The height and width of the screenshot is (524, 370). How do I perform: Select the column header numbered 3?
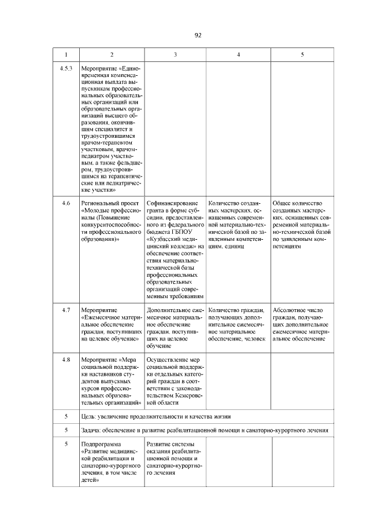pyautogui.click(x=175, y=54)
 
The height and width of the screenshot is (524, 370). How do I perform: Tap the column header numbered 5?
pyautogui.click(x=302, y=54)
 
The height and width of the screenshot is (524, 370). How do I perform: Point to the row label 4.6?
pyautogui.click(x=66, y=204)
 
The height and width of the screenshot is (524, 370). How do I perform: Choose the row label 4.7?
pyautogui.click(x=66, y=310)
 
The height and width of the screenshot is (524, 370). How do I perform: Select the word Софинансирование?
pyautogui.click(x=172, y=204)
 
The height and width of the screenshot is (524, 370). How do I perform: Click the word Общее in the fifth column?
pyautogui.click(x=282, y=204)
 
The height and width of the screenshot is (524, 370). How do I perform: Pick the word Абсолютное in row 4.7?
pyautogui.click(x=290, y=310)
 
